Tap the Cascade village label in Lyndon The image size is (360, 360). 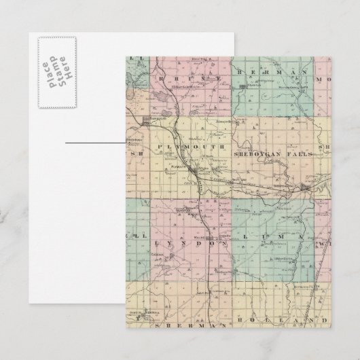158,254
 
